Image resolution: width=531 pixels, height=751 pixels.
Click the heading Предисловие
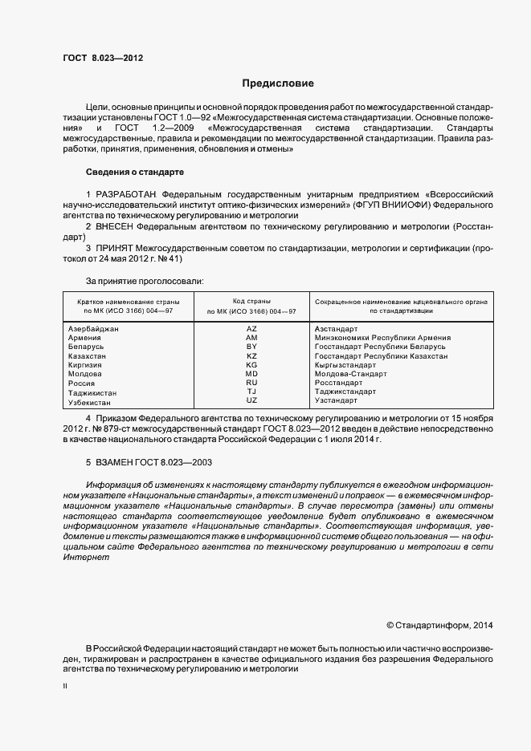[279, 83]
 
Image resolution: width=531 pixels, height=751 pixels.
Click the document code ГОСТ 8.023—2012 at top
[103, 57]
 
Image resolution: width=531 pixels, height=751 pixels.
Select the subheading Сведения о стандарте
[134, 173]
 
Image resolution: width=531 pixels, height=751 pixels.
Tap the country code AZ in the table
[251, 329]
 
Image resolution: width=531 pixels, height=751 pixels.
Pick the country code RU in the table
[251, 383]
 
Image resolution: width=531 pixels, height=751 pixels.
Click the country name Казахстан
[88, 355]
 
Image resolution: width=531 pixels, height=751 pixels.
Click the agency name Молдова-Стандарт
[350, 374]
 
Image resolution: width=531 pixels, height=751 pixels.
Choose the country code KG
[251, 365]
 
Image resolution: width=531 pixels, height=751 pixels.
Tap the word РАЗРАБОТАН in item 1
[127, 195]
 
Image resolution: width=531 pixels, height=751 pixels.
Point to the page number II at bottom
[65, 686]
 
